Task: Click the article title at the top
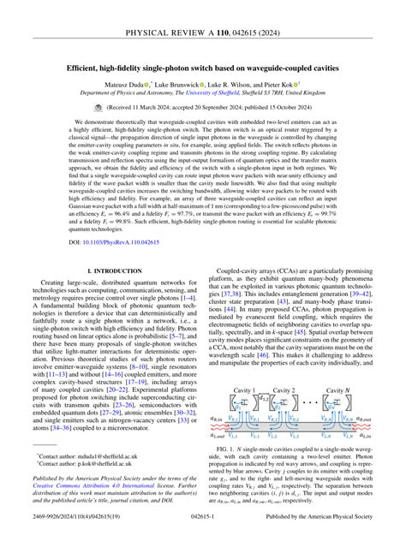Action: pos(203,67)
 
